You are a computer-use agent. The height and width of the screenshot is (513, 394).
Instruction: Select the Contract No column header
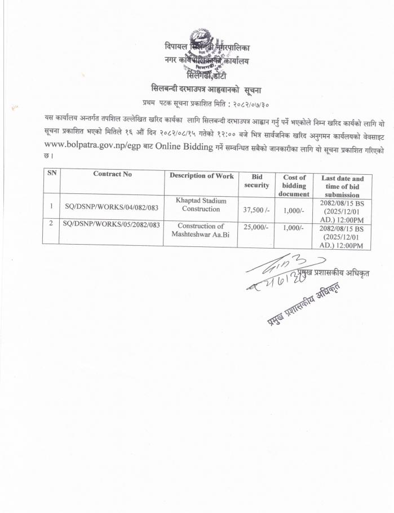[x=113, y=174]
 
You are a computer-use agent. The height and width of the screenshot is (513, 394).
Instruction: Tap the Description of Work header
[x=201, y=176]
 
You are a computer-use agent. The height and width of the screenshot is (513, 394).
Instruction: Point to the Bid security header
[x=256, y=181]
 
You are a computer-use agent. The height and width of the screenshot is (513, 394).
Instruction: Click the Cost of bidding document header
[x=294, y=185]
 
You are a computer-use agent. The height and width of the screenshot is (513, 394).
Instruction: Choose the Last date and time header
[x=342, y=186]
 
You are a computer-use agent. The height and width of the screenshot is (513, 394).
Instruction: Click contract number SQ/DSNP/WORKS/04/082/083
[x=111, y=207]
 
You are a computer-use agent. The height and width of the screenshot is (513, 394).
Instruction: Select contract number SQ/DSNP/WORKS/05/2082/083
[x=112, y=224]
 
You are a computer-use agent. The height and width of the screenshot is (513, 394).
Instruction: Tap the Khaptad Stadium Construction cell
[x=201, y=204]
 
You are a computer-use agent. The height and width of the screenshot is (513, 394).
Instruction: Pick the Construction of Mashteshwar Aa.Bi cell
[x=201, y=229]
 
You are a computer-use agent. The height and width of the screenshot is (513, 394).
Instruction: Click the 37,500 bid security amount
[x=256, y=210]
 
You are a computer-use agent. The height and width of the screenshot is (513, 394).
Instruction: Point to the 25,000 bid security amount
[x=256, y=227]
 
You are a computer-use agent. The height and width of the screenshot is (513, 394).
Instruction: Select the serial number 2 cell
[x=51, y=223]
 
